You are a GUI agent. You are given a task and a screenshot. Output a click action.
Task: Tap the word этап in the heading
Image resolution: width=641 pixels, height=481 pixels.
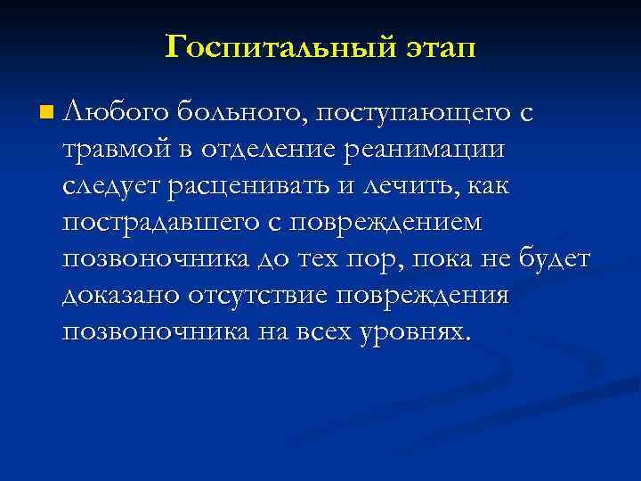coord(434,46)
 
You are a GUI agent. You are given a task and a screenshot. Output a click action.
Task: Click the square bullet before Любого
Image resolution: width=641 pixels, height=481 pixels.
coord(46,113)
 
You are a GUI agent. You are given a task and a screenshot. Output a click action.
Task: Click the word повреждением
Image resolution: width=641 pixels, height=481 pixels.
coord(395,222)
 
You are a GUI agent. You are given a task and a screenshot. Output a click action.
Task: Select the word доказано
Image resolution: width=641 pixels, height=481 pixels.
coord(122,295)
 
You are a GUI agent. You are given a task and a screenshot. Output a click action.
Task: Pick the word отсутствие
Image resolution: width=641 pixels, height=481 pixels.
coord(271,295)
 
